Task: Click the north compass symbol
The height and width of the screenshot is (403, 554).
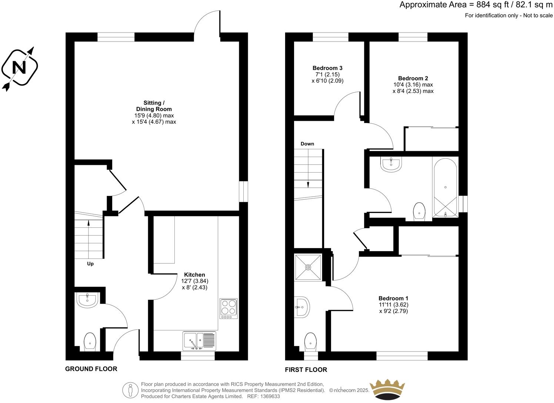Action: tap(20, 68)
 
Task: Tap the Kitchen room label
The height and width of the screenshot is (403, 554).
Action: tap(194, 275)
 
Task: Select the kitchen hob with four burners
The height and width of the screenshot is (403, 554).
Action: tap(228, 308)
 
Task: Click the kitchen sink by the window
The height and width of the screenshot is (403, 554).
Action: tap(199, 340)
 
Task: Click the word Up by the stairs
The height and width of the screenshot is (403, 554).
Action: tap(90, 264)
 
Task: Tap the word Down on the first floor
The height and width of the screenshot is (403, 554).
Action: tap(307, 144)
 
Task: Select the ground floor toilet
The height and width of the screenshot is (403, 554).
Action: tap(90, 342)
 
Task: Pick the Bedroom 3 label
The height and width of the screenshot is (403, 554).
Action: tap(327, 68)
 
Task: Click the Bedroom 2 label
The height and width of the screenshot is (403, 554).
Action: tap(413, 79)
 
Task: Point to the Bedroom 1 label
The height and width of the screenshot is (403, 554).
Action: tap(393, 298)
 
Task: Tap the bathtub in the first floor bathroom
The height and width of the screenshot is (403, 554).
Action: tap(445, 187)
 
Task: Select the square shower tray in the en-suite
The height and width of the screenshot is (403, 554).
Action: tap(308, 267)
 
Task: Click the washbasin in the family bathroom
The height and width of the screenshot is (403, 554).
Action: tap(391, 164)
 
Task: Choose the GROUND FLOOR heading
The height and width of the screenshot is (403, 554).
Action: tap(91, 369)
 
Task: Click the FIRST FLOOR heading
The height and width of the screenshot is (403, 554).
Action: tap(306, 370)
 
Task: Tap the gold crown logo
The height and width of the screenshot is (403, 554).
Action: tap(388, 389)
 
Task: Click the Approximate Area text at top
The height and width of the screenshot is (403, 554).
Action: tap(476, 5)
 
